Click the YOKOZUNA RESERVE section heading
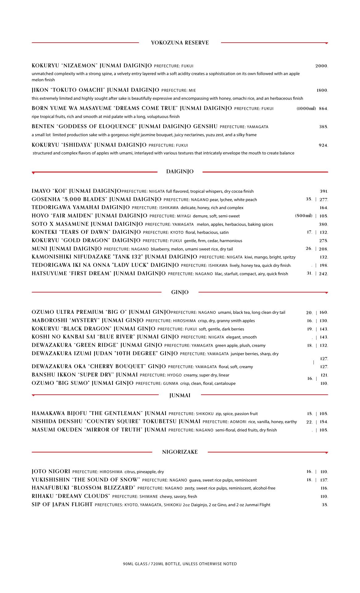(180, 43)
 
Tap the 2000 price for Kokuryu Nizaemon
(321, 66)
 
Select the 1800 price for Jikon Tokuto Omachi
(322, 90)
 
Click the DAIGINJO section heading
(180, 172)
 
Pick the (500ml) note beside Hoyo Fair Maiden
(303, 216)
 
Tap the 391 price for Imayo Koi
(324, 191)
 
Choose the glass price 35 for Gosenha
(309, 199)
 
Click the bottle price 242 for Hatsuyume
(323, 274)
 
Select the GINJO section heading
(180, 292)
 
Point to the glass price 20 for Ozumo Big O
(309, 313)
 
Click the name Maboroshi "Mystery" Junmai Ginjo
(87, 321)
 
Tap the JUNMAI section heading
(180, 395)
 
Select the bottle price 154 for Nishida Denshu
(323, 422)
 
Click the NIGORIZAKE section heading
(180, 452)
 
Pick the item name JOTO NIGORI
(51, 472)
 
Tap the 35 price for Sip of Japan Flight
(324, 505)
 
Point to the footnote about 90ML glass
(180, 564)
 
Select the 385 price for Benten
(323, 127)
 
